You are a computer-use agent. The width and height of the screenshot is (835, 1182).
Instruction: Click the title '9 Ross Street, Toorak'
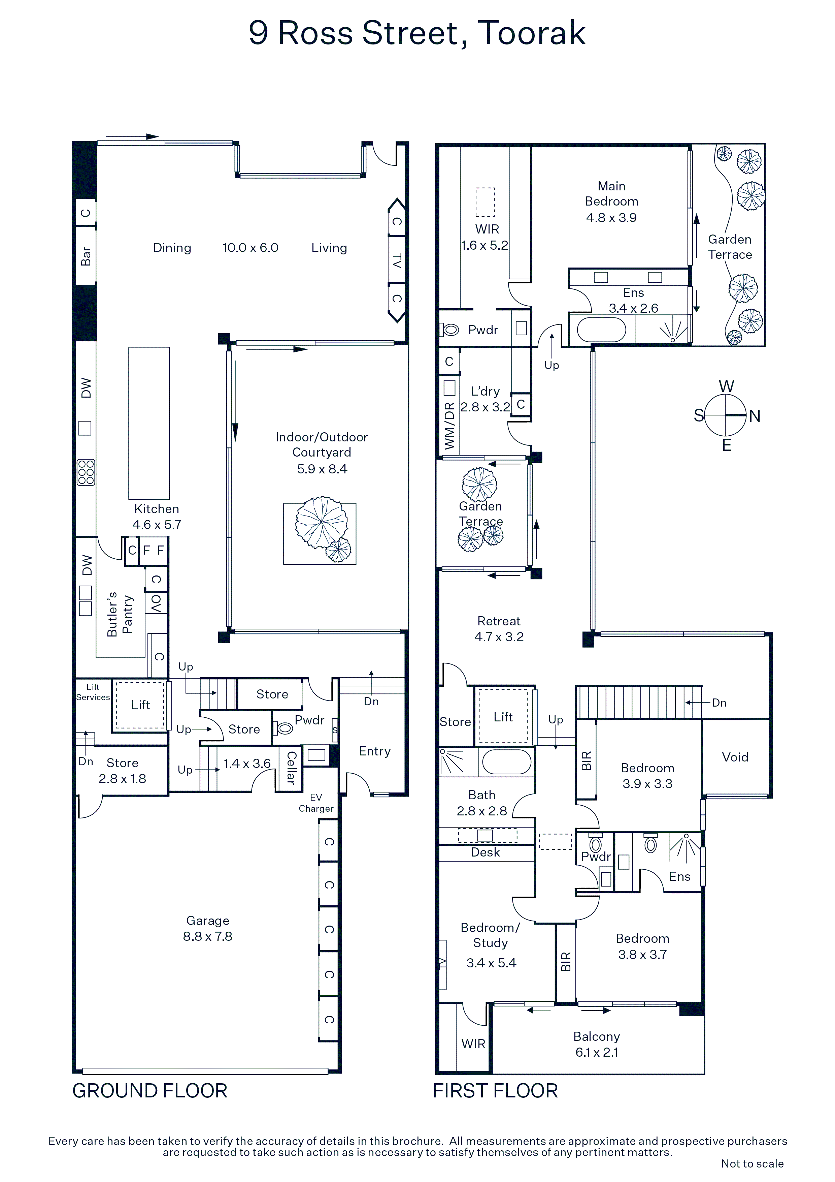[417, 33]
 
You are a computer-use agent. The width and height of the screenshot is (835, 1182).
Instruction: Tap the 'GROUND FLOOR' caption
[150, 1091]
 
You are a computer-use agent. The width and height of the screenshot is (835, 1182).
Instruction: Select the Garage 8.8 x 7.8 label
[208, 928]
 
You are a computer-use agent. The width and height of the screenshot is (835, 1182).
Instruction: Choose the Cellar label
[291, 767]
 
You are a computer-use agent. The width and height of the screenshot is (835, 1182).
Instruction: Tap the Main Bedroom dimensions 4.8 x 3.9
[611, 218]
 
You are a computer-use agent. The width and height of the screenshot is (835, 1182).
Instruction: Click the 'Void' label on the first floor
[735, 757]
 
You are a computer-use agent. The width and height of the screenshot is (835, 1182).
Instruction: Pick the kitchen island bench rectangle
[149, 423]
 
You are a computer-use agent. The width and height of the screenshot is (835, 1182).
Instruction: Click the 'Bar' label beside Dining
[86, 256]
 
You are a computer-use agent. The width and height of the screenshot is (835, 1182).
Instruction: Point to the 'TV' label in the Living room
[397, 260]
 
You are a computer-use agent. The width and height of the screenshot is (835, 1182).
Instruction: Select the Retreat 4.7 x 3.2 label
[499, 629]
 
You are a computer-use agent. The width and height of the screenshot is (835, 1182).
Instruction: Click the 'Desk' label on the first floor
[485, 852]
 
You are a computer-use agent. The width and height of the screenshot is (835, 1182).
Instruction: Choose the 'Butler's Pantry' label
[120, 614]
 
